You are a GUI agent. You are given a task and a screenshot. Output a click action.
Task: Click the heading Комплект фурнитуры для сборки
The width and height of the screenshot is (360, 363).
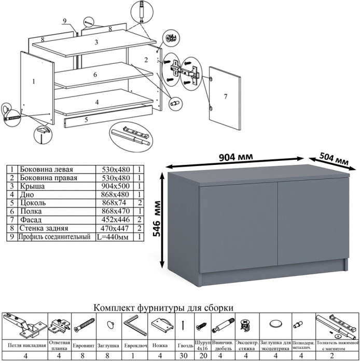click(163, 308)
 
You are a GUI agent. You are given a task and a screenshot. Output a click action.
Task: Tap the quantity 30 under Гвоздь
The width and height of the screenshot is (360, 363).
click(184, 355)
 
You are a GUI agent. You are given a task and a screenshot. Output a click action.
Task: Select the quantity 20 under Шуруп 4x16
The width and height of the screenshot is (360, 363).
click(202, 355)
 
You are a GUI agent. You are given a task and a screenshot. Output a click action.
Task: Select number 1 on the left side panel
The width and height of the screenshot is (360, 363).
click(33, 81)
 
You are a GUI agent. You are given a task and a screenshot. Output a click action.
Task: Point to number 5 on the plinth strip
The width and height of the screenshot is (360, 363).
click(86, 120)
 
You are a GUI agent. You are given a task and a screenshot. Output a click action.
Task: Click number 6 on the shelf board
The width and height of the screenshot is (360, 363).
click(95, 75)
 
